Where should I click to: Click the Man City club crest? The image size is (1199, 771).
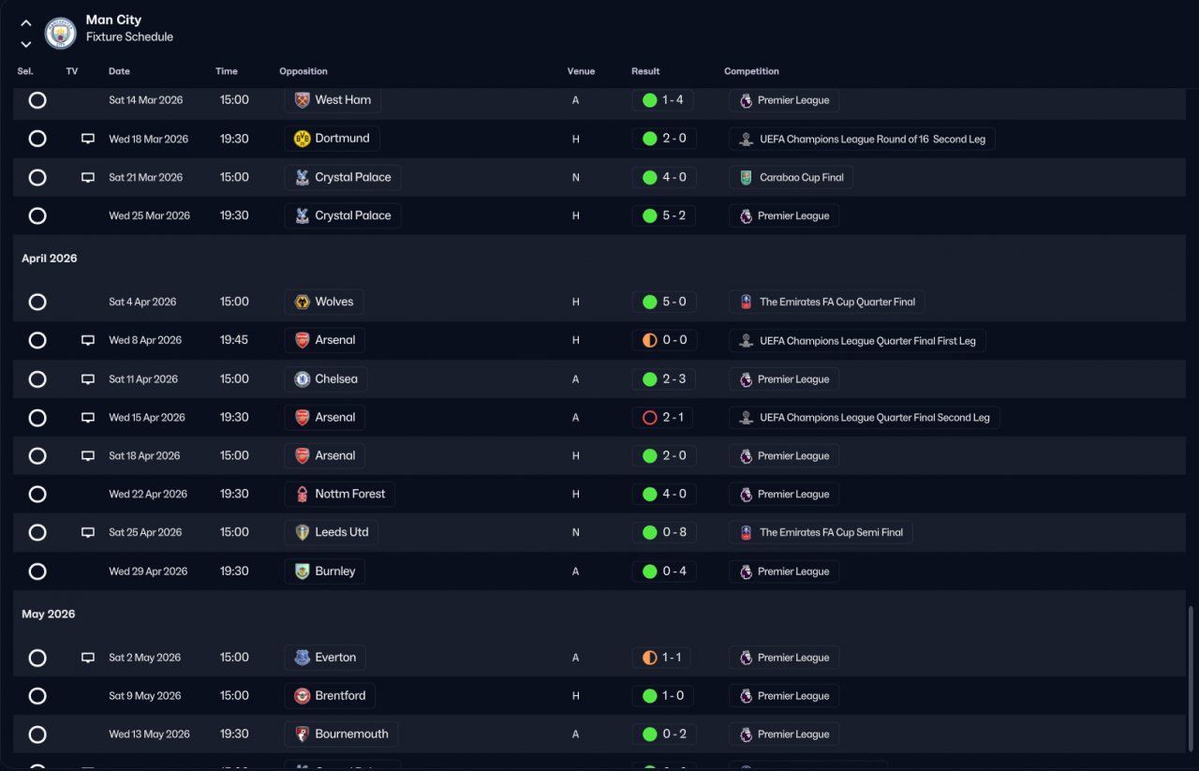(x=60, y=33)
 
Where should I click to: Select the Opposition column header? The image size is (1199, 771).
(x=303, y=71)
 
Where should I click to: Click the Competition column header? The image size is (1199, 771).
(x=751, y=71)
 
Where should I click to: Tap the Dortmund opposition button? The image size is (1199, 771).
(x=332, y=139)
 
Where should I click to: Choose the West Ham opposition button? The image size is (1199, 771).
(x=333, y=99)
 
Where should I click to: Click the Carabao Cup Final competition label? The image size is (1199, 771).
(x=791, y=177)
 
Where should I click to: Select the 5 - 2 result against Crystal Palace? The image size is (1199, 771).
(x=664, y=215)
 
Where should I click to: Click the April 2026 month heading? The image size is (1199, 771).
(x=50, y=259)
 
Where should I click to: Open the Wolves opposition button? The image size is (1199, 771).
(x=324, y=302)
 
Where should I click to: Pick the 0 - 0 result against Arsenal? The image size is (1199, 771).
(x=664, y=340)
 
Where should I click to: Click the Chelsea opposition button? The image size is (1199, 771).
(x=325, y=379)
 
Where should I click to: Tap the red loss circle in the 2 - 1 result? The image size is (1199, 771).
(x=649, y=418)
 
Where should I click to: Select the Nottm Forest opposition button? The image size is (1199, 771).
(x=339, y=494)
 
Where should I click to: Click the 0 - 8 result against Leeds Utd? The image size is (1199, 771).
(x=664, y=532)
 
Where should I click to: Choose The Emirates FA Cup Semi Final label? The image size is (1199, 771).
(x=821, y=532)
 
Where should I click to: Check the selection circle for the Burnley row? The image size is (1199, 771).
(x=37, y=571)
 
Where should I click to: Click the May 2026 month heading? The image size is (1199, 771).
(x=48, y=615)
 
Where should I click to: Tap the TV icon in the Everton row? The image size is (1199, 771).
(x=88, y=658)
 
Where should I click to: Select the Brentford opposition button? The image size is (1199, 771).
(x=330, y=696)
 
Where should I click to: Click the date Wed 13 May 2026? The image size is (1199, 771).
(x=149, y=734)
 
